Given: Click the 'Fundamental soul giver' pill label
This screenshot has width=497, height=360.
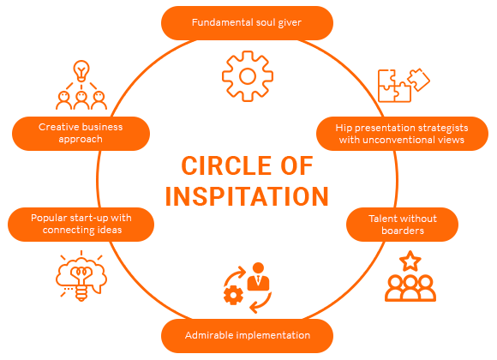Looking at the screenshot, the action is point(247,23).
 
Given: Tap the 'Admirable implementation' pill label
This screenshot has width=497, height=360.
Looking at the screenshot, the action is point(248,336).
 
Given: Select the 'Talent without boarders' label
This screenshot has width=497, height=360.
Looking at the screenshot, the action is point(402,225).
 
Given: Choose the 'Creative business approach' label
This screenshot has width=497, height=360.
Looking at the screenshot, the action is point(81,134).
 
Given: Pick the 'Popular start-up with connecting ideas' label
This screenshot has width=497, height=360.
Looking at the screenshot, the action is point(81,225).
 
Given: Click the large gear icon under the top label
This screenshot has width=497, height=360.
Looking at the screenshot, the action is point(248,76).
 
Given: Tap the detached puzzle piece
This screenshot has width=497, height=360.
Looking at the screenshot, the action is point(419,80).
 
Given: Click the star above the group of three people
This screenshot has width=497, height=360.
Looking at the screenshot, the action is point(410,261).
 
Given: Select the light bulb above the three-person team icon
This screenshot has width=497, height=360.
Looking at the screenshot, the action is point(81,71).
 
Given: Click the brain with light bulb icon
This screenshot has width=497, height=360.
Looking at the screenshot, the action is point(81,275).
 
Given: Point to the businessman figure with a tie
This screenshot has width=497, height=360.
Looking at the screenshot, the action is point(258,277).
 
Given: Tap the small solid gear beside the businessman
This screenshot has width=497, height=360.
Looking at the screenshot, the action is point(233,295).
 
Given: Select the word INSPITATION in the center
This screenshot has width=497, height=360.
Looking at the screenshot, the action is point(247,196).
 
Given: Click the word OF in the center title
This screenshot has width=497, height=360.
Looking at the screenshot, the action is point(297,165).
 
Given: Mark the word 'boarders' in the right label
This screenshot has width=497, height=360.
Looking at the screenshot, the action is point(403,231).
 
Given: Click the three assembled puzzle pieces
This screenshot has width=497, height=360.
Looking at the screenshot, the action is point(394,86).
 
